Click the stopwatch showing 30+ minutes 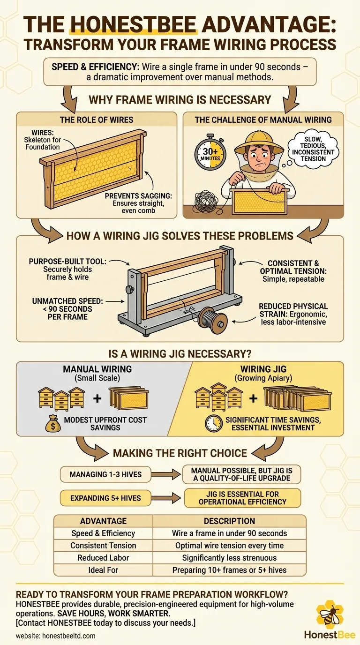pyautogui.click(x=210, y=153)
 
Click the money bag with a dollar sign pyautogui.click(x=53, y=424)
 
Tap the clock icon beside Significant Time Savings pyautogui.click(x=213, y=424)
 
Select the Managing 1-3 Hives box pyautogui.click(x=105, y=474)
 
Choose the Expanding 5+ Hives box pyautogui.click(x=105, y=498)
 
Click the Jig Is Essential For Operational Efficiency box pyautogui.click(x=242, y=498)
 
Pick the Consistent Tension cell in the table pyautogui.click(x=103, y=545)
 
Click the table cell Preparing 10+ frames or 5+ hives pyautogui.click(x=229, y=570)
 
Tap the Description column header pyautogui.click(x=229, y=521)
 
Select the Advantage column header pyautogui.click(x=103, y=521)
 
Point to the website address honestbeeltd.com pyautogui.click(x=69, y=636)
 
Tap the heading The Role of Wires pyautogui.click(x=97, y=120)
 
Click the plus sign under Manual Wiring pyautogui.click(x=97, y=398)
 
